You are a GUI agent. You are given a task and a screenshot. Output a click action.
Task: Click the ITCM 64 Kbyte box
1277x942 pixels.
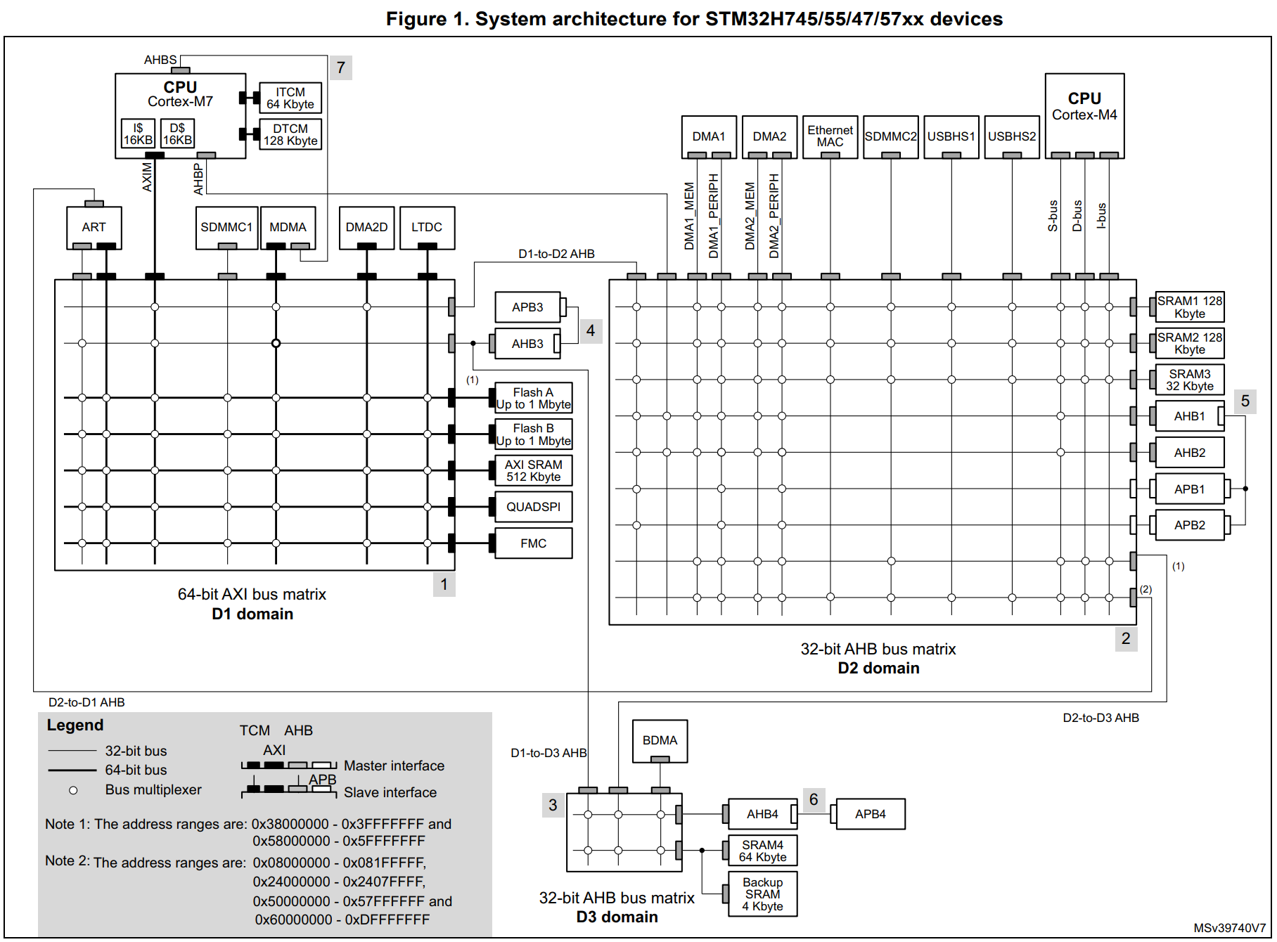pos(290,98)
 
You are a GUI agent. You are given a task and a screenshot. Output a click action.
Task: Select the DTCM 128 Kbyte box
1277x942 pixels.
pos(290,134)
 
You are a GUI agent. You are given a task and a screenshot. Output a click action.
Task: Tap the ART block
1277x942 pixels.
pos(94,227)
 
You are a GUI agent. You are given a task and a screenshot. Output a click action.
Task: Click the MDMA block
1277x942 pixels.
pos(288,227)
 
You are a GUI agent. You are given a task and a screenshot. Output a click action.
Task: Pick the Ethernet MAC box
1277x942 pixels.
pos(830,136)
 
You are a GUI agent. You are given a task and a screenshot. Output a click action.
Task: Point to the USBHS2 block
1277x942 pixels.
pos(1011,136)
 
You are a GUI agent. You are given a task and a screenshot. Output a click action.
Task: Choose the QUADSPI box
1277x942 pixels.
pos(533,507)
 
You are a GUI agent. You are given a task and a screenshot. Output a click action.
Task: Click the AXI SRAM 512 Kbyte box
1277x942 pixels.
pos(533,470)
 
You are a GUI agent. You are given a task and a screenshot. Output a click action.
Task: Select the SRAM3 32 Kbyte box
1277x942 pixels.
pos(1189,380)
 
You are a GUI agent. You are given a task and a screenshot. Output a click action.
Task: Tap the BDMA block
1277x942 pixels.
pos(660,740)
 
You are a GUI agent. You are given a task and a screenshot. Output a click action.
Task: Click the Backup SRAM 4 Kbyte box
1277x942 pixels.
pos(762,894)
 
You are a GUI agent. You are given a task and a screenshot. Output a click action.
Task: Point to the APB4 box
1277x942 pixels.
pos(870,814)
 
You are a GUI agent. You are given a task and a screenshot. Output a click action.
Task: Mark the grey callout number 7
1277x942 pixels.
pos(340,67)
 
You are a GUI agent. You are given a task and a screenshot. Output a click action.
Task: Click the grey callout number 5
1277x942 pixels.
pos(1245,401)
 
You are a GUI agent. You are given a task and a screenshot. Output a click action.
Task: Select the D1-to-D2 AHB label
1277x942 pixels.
pos(556,254)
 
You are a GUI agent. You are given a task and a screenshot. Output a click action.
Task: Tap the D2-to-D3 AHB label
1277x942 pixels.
pos(1100,718)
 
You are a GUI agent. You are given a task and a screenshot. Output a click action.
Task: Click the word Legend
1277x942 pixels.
pos(75,725)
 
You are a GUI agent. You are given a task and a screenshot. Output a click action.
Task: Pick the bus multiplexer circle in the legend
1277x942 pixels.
pos(73,790)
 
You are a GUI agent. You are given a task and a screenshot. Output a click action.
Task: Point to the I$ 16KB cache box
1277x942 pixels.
pos(138,134)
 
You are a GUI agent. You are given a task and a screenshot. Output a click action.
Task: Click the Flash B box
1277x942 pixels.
pos(533,434)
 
